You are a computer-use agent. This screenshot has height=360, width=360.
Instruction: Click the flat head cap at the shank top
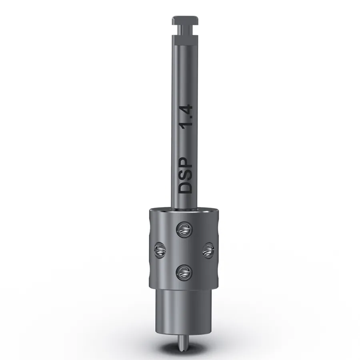click(185, 20)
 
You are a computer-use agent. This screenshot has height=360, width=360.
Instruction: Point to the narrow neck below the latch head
click(185, 30)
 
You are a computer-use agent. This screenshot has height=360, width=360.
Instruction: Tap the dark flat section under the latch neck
click(185, 40)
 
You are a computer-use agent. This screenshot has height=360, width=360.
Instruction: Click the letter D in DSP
click(185, 187)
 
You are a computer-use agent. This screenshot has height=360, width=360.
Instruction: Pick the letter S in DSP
click(185, 174)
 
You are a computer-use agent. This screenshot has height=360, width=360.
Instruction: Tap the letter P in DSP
click(185, 163)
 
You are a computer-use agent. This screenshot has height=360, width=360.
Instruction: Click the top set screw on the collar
click(184, 230)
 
